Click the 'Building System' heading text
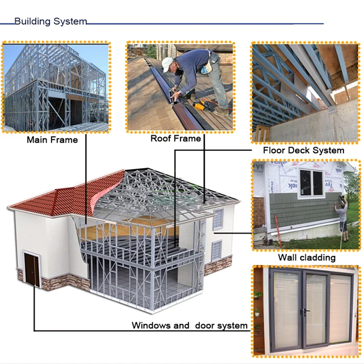50,21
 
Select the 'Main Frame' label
52,140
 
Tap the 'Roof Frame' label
175,138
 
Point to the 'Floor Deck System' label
303,150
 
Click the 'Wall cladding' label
306,257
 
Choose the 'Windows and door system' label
189,325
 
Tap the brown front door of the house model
32,270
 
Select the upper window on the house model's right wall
218,219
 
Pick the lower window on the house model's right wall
216,250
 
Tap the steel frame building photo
56,87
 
